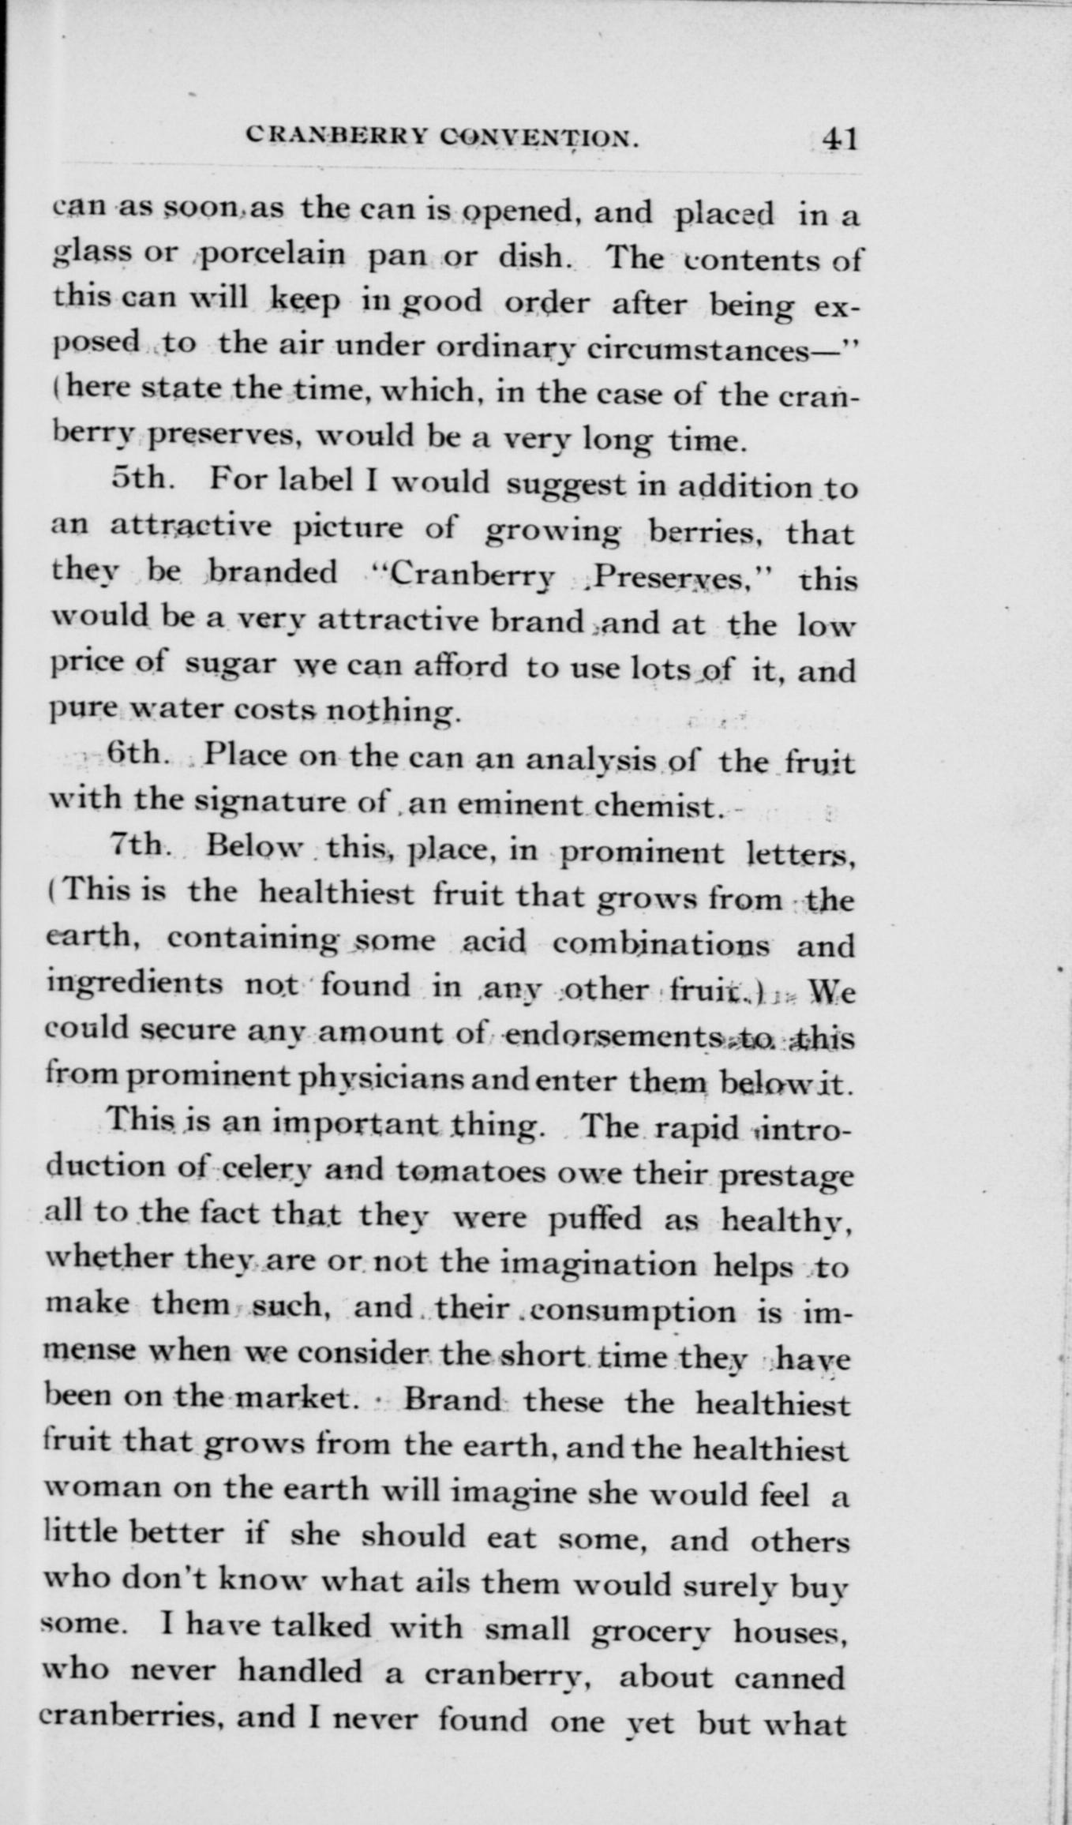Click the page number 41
pos(838,139)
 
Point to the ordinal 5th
pos(143,481)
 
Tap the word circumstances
pos(711,349)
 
